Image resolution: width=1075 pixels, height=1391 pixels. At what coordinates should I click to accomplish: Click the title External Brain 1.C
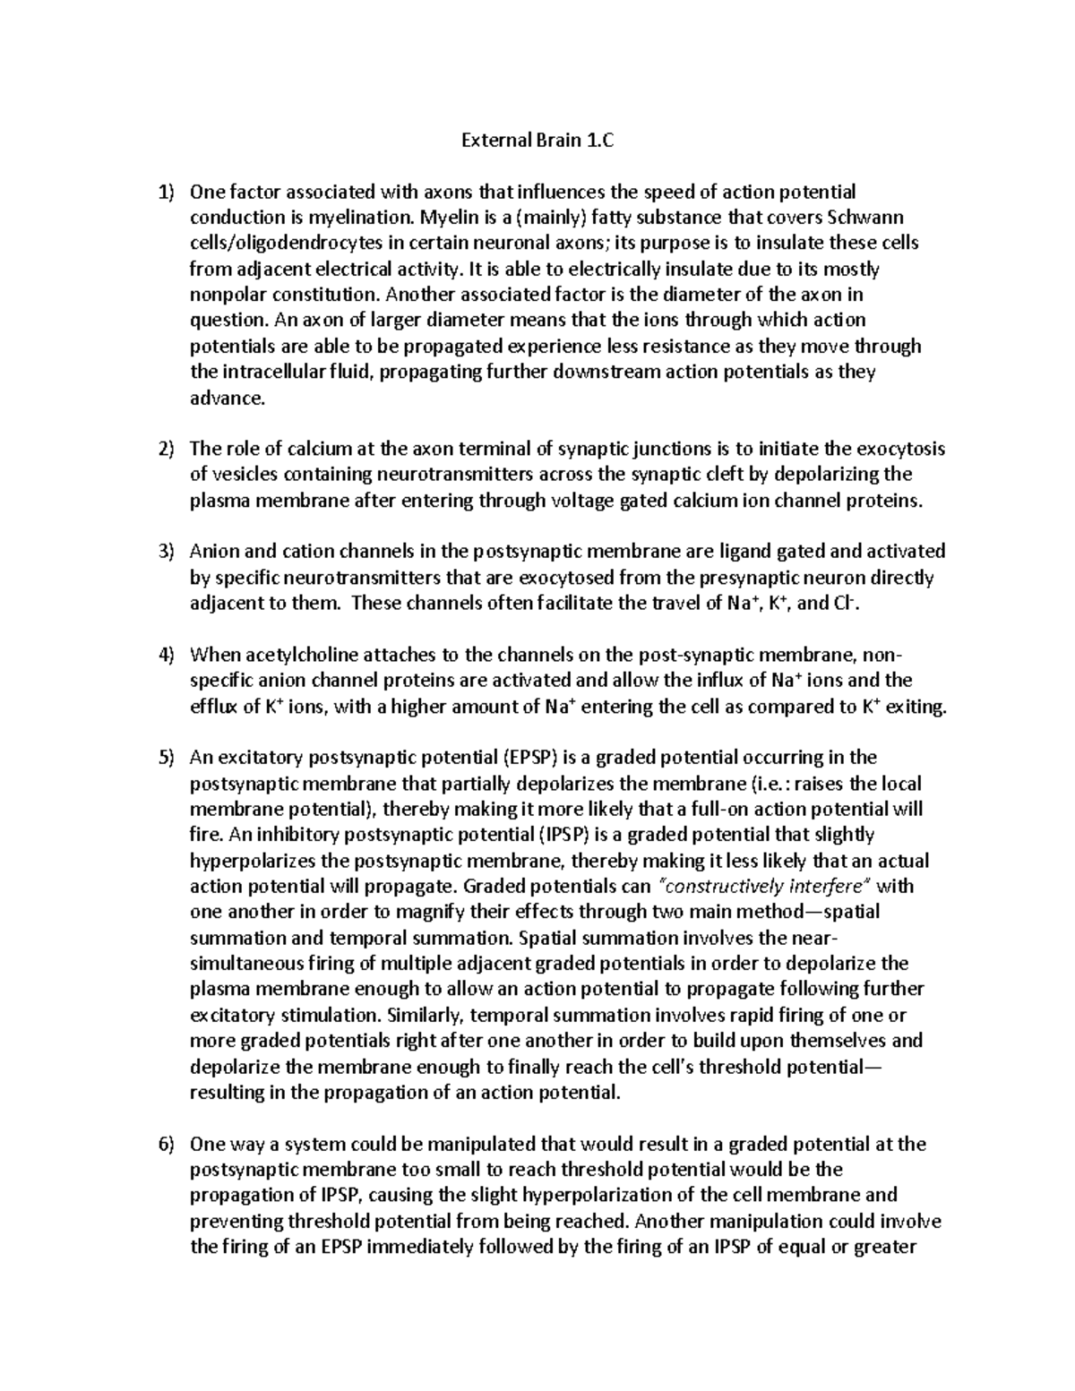pos(538,140)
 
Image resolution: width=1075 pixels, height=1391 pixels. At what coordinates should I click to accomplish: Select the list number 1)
pos(165,192)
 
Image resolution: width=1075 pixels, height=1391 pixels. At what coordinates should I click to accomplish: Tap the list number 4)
pos(165,655)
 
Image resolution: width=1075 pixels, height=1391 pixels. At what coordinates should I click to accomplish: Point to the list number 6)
pos(165,1144)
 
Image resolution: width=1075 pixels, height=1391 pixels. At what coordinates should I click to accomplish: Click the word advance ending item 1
pos(228,398)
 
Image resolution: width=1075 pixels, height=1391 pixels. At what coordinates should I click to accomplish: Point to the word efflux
pos(214,707)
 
